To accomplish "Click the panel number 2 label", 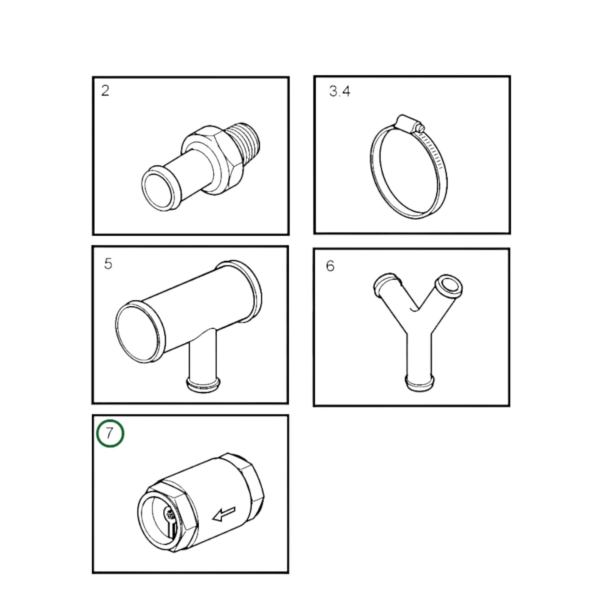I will [105, 90].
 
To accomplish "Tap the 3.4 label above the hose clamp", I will [340, 91].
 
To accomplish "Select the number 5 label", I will [108, 264].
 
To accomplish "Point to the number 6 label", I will [330, 266].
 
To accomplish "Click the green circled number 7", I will [110, 433].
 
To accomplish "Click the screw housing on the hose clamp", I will [407, 123].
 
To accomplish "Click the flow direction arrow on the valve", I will [224, 515].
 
